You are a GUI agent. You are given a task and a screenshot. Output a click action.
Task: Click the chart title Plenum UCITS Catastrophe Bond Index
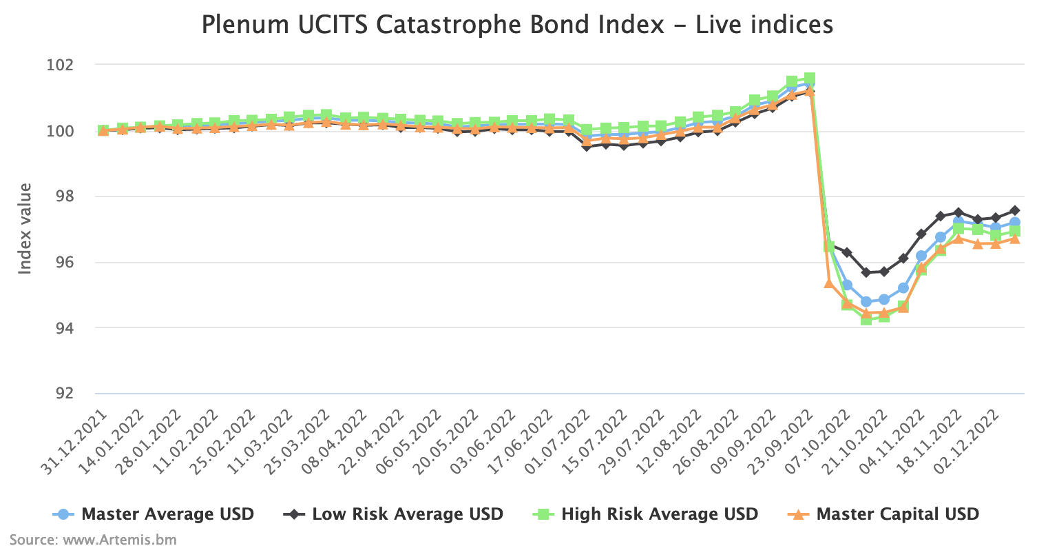[516, 25]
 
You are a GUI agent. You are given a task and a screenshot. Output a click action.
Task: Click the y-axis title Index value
[25, 228]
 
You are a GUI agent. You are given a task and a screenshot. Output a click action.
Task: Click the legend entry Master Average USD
[167, 514]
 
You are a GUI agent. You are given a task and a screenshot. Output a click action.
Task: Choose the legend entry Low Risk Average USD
[407, 514]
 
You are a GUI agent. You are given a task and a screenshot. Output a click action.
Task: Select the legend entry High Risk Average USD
[659, 514]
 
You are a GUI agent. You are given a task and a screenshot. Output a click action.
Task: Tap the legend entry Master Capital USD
[897, 514]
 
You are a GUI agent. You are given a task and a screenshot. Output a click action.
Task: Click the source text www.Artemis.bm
[93, 540]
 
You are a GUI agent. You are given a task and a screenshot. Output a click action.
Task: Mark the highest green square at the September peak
[810, 79]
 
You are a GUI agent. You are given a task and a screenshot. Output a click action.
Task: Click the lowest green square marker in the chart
[866, 319]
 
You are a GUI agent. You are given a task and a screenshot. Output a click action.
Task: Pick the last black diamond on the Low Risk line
[1015, 210]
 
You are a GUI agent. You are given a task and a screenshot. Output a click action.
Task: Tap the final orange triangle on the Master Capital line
[1015, 239]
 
